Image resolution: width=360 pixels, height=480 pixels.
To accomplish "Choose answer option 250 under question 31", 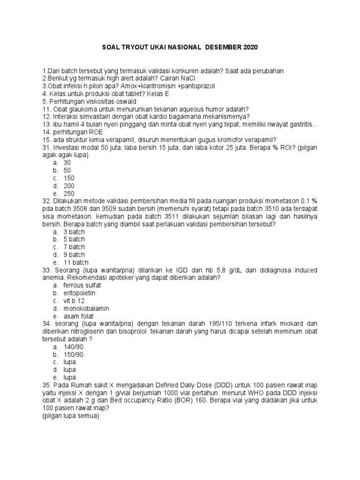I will pyautogui.click(x=69, y=194).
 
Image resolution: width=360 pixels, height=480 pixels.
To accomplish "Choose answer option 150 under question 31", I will pyautogui.click(x=69, y=178).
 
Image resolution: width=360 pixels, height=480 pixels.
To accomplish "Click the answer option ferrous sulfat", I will pyautogui.click(x=82, y=285).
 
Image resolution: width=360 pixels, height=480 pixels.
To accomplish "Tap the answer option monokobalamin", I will pyautogui.click(x=86, y=308).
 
